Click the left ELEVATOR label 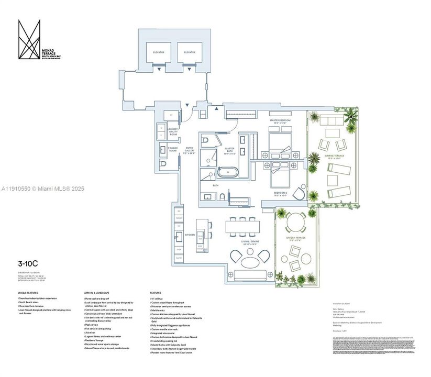coord(159,52)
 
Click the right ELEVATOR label coord(189,52)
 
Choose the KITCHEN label coord(190,235)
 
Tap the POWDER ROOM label coord(173,149)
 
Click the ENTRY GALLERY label coord(190,150)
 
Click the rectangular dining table coord(242,226)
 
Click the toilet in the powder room coord(162,165)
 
